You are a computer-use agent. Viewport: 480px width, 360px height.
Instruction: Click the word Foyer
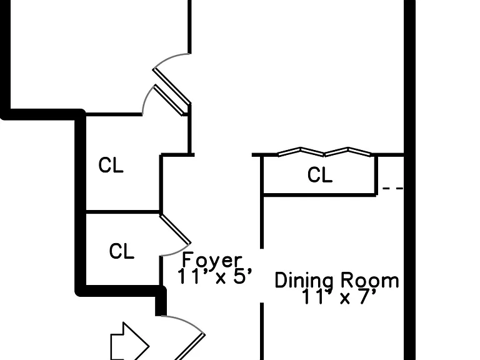click(x=212, y=260)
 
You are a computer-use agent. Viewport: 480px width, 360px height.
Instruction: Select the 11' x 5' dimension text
click(x=215, y=276)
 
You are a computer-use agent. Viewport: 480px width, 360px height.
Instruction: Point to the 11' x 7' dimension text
click(x=339, y=296)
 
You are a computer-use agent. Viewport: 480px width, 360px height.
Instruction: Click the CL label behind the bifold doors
click(x=320, y=175)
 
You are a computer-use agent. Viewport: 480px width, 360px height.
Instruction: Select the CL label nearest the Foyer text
click(x=121, y=251)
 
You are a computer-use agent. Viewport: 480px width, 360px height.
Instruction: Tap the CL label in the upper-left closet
click(x=111, y=165)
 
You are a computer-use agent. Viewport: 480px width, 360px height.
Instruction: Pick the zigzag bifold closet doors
click(x=324, y=152)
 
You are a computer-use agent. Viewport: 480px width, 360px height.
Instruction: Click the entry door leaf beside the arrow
click(x=189, y=347)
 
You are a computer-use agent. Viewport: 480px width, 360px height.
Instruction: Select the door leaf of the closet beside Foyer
click(x=175, y=229)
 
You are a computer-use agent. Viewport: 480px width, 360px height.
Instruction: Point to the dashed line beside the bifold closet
click(x=392, y=188)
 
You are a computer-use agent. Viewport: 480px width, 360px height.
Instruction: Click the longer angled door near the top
click(x=172, y=87)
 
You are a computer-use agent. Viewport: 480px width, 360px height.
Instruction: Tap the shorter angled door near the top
click(x=169, y=101)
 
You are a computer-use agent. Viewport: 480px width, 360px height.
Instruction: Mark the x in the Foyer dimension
click(x=220, y=278)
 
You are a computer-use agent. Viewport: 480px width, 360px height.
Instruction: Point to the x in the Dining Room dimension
click(x=345, y=299)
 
